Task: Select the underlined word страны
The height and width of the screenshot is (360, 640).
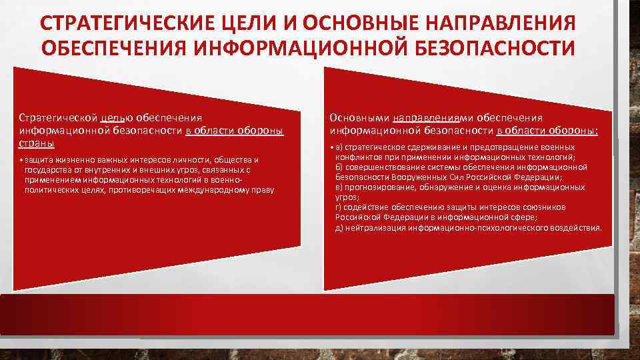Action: click(37, 143)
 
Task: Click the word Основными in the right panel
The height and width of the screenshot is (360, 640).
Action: click(359, 118)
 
